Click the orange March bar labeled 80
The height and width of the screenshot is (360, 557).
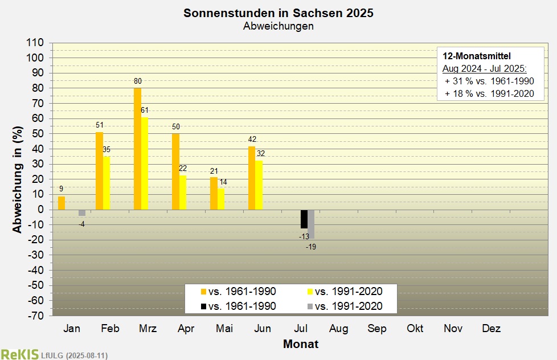pos(137,149)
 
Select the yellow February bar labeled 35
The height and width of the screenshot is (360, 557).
pos(107,183)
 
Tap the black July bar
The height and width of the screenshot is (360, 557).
pos(304,219)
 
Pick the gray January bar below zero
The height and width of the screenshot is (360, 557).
pos(82,213)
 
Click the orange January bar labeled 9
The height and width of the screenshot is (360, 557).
pos(62,203)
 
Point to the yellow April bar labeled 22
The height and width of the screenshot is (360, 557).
pos(183,193)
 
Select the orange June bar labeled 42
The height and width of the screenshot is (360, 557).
pos(252,178)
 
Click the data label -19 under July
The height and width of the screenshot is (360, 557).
pos(311,247)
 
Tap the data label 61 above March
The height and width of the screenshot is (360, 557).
pos(145,110)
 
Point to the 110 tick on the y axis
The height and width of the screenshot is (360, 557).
pos(35,43)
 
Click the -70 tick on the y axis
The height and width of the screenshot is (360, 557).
pos(35,316)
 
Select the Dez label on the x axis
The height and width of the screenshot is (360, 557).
pos(492,328)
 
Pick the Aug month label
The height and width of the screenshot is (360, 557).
pos(338,328)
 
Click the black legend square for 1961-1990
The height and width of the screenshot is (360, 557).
pos(203,306)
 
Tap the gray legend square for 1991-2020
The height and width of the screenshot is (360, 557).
pos(310,306)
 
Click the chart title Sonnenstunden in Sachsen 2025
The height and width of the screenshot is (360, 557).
pos(278,13)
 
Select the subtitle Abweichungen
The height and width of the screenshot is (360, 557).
pos(278,26)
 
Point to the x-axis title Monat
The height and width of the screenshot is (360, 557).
pos(301,344)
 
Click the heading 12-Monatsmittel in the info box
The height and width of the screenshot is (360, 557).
pos(477,56)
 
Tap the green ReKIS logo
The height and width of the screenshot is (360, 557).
pos(19,354)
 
